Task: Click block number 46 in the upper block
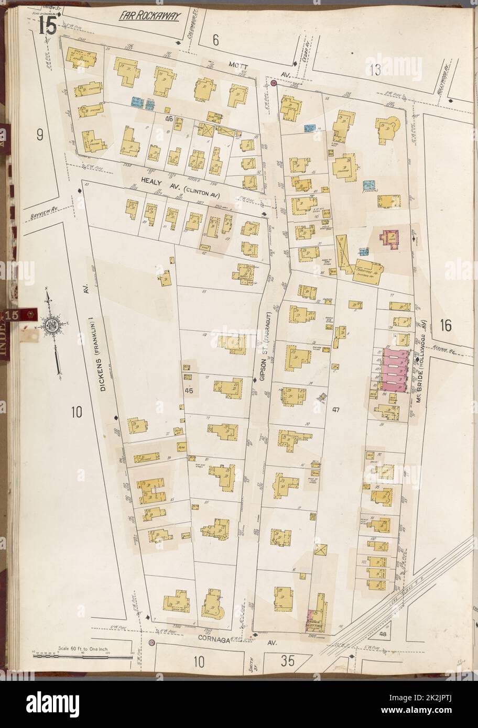tap(168, 119)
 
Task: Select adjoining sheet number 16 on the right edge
tap(446, 325)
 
